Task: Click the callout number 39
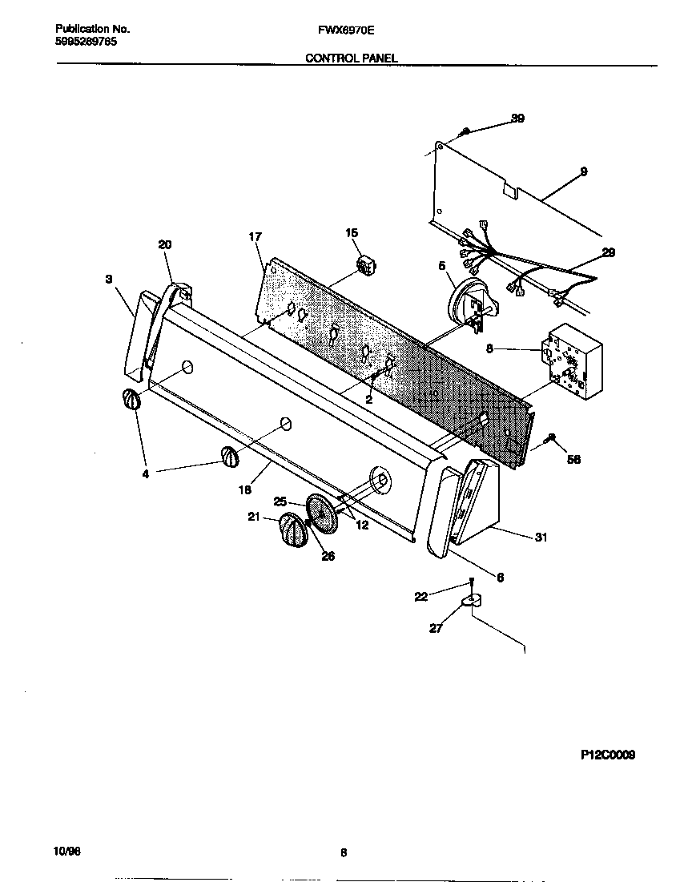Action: [517, 119]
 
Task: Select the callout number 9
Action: [584, 171]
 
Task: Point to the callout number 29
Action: [608, 252]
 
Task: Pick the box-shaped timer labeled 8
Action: [570, 361]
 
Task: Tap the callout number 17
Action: [255, 236]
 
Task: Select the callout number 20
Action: [165, 244]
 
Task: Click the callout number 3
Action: [108, 279]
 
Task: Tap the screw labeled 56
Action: [549, 437]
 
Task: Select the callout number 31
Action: [541, 538]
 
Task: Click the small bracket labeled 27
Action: [473, 600]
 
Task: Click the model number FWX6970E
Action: [346, 30]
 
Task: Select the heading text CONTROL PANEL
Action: [351, 58]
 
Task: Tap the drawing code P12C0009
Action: [608, 755]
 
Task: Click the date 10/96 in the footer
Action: [68, 851]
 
